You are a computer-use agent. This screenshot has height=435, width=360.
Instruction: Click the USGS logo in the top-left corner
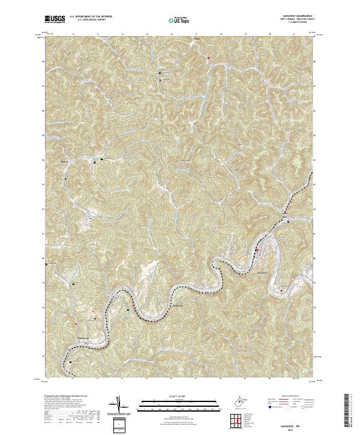(53, 20)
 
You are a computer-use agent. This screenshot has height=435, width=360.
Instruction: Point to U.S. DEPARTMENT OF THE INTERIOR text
(91, 17)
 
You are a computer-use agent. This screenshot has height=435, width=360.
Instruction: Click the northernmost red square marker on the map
(208, 58)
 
